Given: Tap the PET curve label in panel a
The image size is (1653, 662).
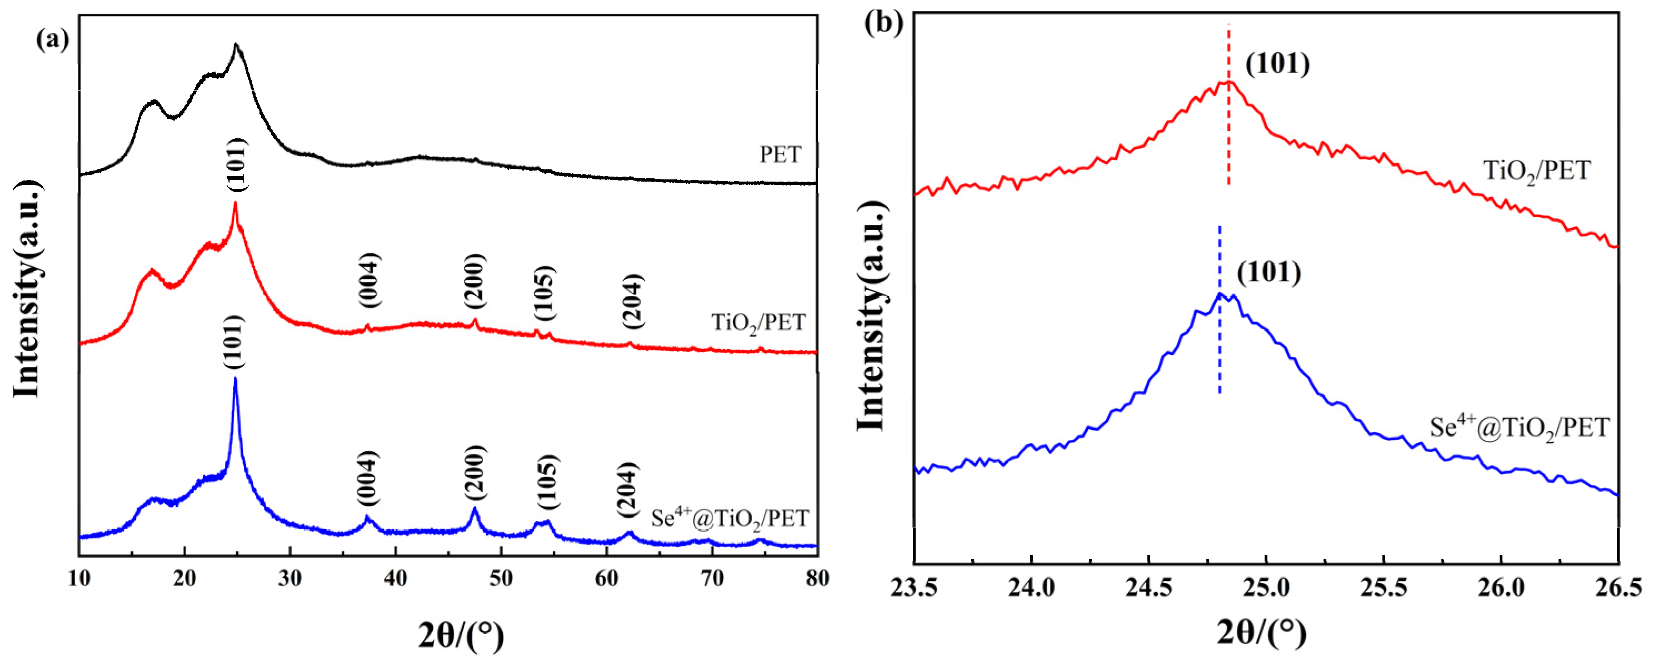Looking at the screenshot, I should pyautogui.click(x=780, y=154).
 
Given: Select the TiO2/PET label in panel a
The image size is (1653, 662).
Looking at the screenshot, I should pyautogui.click(x=758, y=322).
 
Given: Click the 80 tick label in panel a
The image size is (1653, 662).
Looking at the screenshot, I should pyautogui.click(x=817, y=579).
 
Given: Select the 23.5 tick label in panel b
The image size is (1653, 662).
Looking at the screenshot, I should pyautogui.click(x=914, y=588).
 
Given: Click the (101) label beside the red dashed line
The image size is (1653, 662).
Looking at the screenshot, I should pyautogui.click(x=1277, y=64).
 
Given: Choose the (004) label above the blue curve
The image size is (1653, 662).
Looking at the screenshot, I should pyautogui.click(x=367, y=479).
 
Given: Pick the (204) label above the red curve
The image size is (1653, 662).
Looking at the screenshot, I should pyautogui.click(x=632, y=302).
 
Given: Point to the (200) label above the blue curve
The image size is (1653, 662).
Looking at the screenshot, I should pyautogui.click(x=476, y=473).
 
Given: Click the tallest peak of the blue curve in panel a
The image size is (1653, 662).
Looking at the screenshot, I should pyautogui.click(x=236, y=380).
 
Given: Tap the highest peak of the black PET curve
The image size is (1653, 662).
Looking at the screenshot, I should pyautogui.click(x=236, y=45).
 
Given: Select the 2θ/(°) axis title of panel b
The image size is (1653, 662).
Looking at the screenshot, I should pyautogui.click(x=1262, y=633).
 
